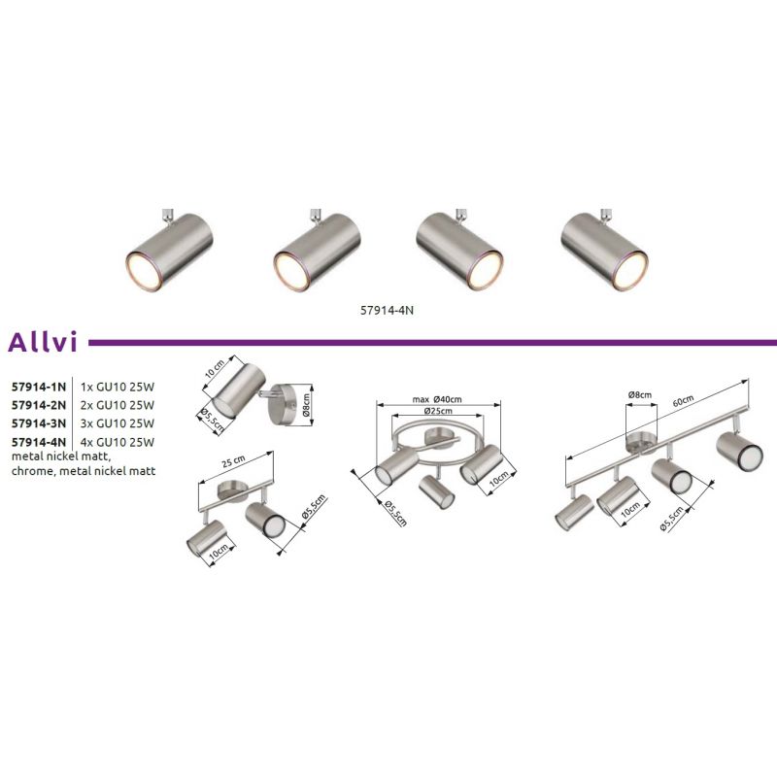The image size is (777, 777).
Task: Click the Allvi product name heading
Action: point(43,342)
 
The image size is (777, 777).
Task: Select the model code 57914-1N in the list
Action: point(39,387)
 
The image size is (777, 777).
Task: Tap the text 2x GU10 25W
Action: point(118,405)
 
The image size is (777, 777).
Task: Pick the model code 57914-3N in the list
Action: point(39,423)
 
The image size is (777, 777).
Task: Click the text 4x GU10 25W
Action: point(118,442)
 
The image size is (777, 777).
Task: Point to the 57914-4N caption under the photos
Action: point(387,310)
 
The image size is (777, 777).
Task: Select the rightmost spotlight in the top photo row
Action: point(604,250)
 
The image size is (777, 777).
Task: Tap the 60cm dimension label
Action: point(683,401)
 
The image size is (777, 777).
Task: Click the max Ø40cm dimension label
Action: point(437,399)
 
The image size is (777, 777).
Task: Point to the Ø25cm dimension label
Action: point(438,411)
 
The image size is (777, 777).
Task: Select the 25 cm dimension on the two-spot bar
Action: point(233,462)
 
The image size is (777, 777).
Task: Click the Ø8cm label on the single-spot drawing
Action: point(306,404)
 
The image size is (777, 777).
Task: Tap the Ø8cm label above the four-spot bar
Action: point(640,394)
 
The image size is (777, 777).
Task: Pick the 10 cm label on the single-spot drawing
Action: point(215,369)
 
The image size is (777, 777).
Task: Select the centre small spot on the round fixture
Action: point(436,490)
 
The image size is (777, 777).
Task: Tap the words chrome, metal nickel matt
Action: point(84,471)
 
